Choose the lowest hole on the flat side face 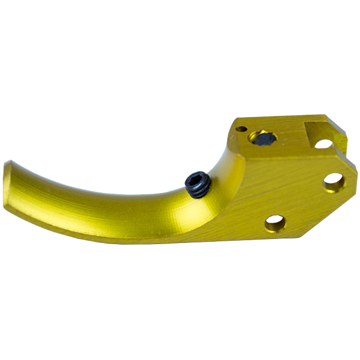(x=276, y=224)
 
